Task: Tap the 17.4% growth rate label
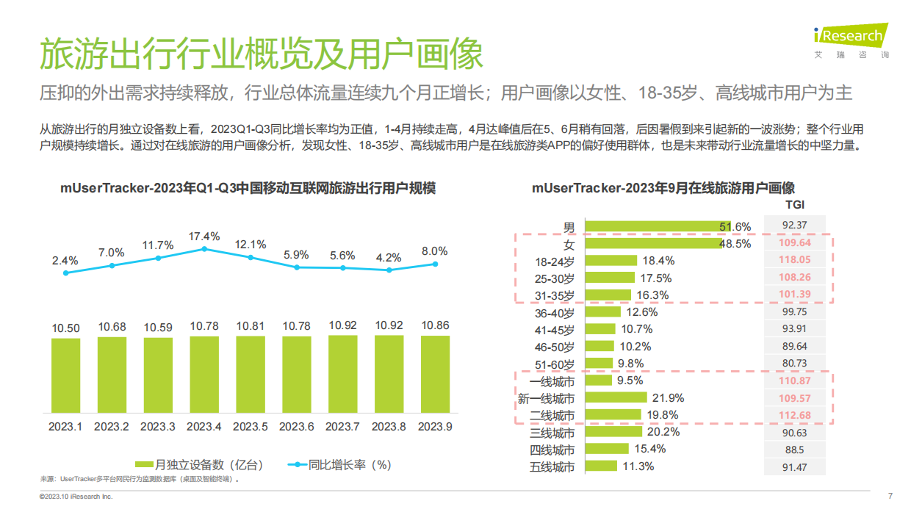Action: pos(204,236)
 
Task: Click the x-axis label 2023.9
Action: pos(435,426)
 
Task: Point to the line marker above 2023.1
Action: pos(66,273)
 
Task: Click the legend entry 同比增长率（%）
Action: pos(339,464)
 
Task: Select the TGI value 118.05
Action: pos(796,259)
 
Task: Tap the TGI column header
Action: pos(795,205)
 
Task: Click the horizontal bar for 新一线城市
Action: pos(616,397)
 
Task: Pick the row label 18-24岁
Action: pos(555,260)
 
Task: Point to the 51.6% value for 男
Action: pos(735,226)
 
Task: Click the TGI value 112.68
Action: pos(796,415)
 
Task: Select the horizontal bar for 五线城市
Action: pos(602,466)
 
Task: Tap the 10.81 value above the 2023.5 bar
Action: pos(250,325)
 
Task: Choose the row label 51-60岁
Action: pos(555,364)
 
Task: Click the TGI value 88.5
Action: pos(796,450)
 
